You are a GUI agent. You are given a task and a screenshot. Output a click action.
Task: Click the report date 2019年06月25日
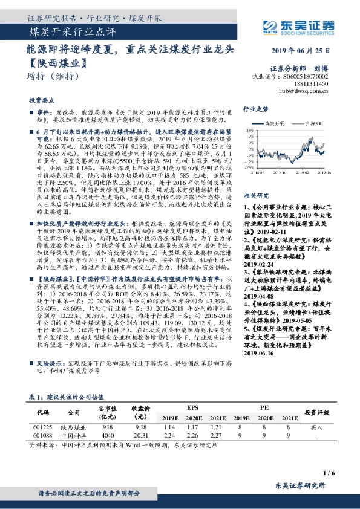(x=306, y=50)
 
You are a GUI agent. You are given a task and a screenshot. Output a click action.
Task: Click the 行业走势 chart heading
(x=255, y=110)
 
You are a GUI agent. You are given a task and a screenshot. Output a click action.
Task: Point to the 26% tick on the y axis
(x=249, y=129)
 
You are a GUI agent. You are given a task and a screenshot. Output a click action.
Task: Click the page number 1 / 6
(x=329, y=472)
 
